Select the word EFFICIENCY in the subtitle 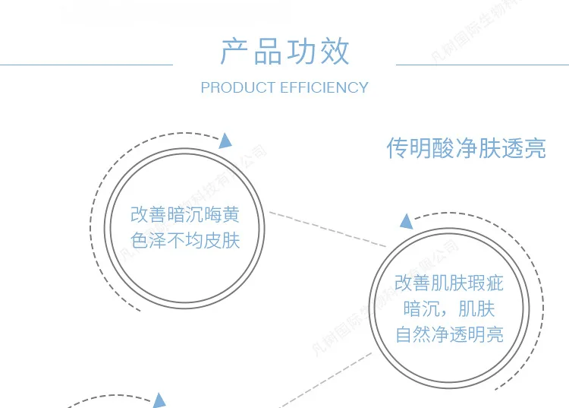coord(324,88)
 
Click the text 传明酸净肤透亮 coord(466,148)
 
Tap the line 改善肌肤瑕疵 coord(448,285)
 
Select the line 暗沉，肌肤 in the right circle coord(448,309)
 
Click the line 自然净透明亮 coord(448,334)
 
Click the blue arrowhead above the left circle coord(225,141)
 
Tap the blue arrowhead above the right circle coord(407,222)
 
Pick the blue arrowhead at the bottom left coord(159,400)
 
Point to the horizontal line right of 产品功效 coord(482,65)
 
